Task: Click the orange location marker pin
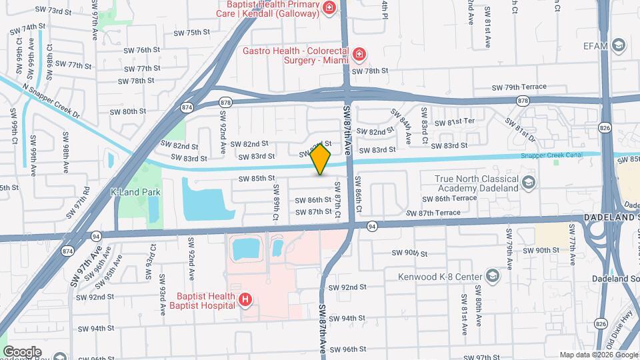pyautogui.click(x=321, y=159)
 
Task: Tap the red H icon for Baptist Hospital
pyautogui.click(x=245, y=301)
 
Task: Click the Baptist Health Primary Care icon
pyautogui.click(x=329, y=8)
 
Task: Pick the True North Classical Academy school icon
pyautogui.click(x=528, y=182)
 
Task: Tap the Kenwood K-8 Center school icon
pyautogui.click(x=493, y=276)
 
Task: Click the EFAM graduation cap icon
pyautogui.click(x=619, y=45)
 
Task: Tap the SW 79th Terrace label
pyautogui.click(x=519, y=87)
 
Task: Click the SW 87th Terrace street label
pyautogui.click(x=434, y=212)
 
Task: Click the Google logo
pyautogui.click(x=22, y=351)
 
